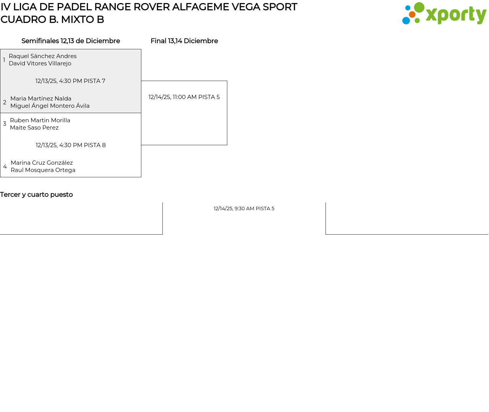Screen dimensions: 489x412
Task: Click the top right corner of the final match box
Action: (227, 81)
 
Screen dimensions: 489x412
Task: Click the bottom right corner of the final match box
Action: (227, 145)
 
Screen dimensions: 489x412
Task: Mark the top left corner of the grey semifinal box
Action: (0, 49)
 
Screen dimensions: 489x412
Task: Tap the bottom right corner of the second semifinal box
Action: (141, 177)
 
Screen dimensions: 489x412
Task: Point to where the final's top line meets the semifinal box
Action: (141, 81)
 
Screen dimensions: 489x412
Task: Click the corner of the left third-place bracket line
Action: (162, 234)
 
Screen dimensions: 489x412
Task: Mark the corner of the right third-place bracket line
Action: (325, 234)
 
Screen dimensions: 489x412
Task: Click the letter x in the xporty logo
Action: (432, 15)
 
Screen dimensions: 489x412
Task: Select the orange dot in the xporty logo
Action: (412, 15)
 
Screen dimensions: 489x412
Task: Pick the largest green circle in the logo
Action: (419, 7)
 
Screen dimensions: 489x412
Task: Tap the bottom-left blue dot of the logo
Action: (406, 21)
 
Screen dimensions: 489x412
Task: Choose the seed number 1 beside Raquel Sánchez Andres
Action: (4, 60)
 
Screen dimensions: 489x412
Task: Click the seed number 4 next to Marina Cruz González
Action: (5, 167)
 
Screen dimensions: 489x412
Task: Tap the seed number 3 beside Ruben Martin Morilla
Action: (5, 124)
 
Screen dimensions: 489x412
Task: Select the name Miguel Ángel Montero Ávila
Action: (50, 106)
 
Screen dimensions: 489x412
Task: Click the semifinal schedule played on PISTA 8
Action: (71, 145)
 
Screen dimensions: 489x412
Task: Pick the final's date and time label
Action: (184, 97)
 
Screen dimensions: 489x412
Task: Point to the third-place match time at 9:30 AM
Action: (244, 208)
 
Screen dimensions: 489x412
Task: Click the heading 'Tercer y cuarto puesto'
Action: (36, 195)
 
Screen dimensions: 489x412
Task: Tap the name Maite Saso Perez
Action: (34, 128)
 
